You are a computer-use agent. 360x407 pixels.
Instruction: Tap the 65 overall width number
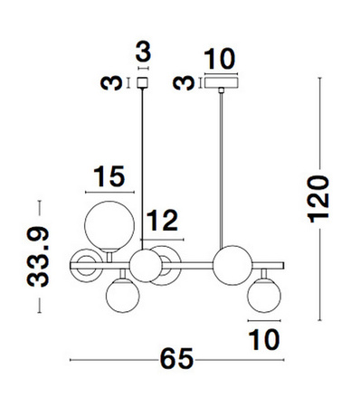click(x=178, y=359)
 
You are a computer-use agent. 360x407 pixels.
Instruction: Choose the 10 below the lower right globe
click(x=261, y=338)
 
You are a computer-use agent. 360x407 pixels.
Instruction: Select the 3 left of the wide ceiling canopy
click(x=185, y=84)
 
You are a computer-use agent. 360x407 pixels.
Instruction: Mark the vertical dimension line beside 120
click(x=320, y=198)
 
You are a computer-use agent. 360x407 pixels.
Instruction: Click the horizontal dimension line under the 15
click(x=108, y=192)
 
